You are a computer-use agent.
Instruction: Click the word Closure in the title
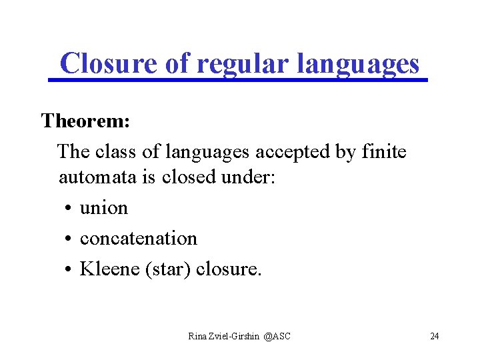tap(107, 64)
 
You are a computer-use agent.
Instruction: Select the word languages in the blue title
tap(357, 64)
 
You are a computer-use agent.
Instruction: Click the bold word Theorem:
tap(85, 121)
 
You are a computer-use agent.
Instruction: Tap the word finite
tap(383, 151)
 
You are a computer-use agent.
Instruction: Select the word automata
tap(93, 177)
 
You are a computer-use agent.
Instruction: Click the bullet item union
tap(103, 208)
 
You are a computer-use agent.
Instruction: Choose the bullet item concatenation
tap(138, 239)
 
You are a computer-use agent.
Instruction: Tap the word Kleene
tap(109, 269)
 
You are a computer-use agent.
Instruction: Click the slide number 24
tap(435, 336)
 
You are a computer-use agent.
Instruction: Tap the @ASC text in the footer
tap(277, 336)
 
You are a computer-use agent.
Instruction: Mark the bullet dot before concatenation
tap(69, 239)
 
